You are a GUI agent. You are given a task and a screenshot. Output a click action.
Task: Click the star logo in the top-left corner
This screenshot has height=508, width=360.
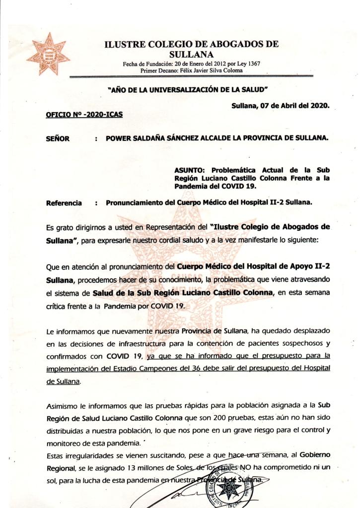tap(48, 54)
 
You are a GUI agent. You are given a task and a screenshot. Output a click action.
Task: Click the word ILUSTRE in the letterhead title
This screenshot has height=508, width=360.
tap(124, 44)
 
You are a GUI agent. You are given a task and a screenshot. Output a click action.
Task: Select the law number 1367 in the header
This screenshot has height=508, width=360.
tap(252, 64)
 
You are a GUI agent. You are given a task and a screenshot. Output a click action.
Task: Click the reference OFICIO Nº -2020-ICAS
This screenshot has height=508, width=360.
tap(84, 114)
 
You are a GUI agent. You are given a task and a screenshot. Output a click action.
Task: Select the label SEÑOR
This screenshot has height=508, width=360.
tap(58, 138)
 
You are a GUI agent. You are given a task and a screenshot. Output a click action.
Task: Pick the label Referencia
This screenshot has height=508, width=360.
tap(64, 203)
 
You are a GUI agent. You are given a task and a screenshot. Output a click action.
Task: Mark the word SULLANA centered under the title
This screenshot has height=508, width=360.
tap(192, 55)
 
